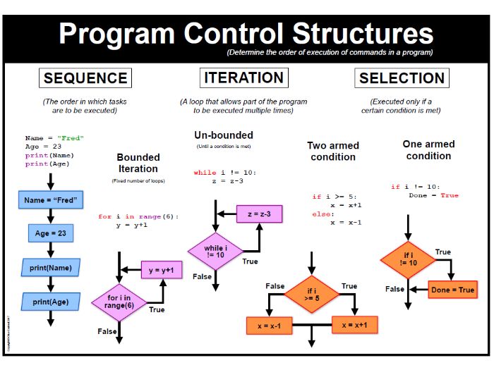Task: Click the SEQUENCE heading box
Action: click(x=85, y=78)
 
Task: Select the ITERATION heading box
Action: click(x=243, y=78)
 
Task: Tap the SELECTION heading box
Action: click(x=402, y=78)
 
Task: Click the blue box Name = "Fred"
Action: click(x=51, y=200)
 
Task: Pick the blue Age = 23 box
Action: click(x=51, y=233)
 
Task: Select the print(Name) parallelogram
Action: click(x=51, y=268)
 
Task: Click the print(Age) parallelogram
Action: click(x=51, y=302)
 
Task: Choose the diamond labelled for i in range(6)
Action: click(x=119, y=302)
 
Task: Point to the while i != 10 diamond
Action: click(x=215, y=251)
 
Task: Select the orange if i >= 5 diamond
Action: click(x=311, y=295)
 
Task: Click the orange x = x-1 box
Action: click(x=269, y=325)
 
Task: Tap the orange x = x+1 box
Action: click(x=354, y=325)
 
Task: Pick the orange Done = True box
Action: click(x=452, y=290)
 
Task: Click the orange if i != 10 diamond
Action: click(x=408, y=259)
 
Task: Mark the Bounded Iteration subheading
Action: click(x=138, y=163)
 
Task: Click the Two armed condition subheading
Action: click(x=333, y=151)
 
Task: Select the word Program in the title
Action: click(x=114, y=34)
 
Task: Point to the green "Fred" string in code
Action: click(x=71, y=138)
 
